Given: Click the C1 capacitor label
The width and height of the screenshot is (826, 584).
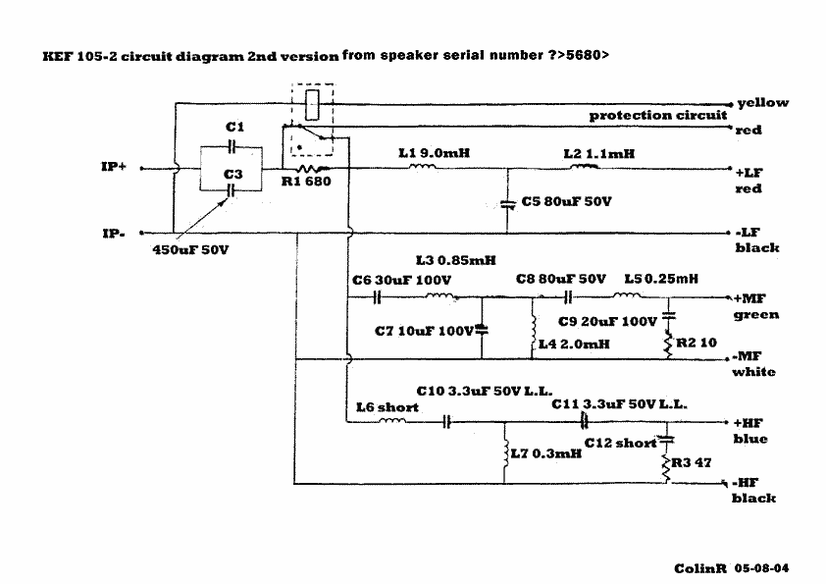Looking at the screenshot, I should click(234, 128).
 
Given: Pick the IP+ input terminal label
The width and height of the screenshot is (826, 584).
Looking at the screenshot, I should click(115, 167).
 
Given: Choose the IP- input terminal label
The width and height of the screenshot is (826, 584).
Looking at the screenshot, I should click(114, 234).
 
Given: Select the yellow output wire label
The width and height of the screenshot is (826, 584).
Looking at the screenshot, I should click(762, 102).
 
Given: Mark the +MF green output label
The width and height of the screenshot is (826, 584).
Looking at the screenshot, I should click(755, 304).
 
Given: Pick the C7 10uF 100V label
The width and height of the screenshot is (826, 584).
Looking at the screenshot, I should click(424, 331).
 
